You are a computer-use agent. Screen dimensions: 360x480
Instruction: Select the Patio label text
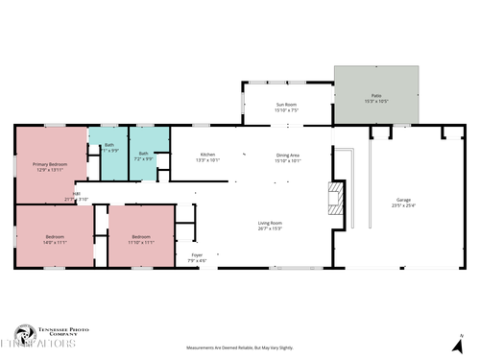(376, 96)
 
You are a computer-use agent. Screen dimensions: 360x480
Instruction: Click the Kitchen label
(207, 155)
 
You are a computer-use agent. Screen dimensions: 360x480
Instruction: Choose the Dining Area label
(288, 155)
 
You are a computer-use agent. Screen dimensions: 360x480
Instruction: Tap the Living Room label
(269, 223)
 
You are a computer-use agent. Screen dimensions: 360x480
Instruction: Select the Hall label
(76, 194)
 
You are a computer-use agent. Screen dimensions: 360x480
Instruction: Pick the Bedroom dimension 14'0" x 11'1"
(55, 242)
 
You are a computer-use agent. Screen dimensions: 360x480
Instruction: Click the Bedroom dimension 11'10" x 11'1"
(141, 242)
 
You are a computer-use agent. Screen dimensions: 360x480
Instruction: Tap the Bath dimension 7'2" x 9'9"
(144, 158)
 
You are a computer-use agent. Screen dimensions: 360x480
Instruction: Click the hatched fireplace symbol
(335, 199)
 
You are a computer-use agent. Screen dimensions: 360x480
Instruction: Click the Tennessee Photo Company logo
(43, 335)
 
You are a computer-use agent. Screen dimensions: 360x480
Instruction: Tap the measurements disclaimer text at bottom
(239, 348)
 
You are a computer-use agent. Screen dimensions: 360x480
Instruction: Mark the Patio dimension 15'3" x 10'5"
(376, 102)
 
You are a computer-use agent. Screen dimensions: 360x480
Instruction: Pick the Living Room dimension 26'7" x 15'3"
(269, 228)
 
